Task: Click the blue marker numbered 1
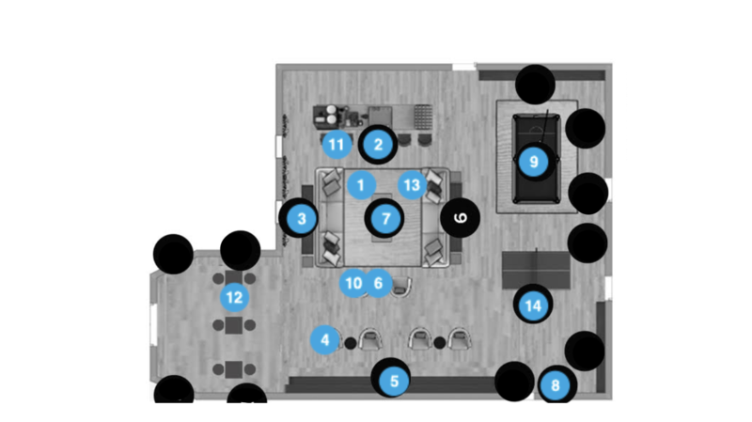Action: pyautogui.click(x=361, y=185)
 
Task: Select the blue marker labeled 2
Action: pyautogui.click(x=378, y=145)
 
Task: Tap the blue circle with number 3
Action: pyautogui.click(x=301, y=219)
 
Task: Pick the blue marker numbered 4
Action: pyautogui.click(x=324, y=340)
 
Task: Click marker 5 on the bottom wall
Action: pyautogui.click(x=394, y=382)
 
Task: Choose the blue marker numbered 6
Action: pyautogui.click(x=378, y=283)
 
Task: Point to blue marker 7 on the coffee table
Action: pyautogui.click(x=385, y=219)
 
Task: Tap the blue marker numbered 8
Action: pyautogui.click(x=555, y=385)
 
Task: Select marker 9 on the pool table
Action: pyautogui.click(x=533, y=162)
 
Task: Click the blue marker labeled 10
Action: pyautogui.click(x=353, y=283)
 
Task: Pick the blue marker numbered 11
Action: pyautogui.click(x=337, y=145)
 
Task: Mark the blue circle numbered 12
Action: pyautogui.click(x=234, y=297)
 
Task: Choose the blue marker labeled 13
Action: pyautogui.click(x=412, y=185)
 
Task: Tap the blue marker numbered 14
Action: pyautogui.click(x=533, y=305)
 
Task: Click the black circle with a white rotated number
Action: pyautogui.click(x=460, y=218)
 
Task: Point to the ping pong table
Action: pyautogui.click(x=536, y=270)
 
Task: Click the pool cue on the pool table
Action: pyautogui.click(x=543, y=127)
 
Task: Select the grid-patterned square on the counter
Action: pyautogui.click(x=422, y=117)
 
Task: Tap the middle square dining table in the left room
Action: pyautogui.click(x=233, y=325)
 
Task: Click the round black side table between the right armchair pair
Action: pyautogui.click(x=439, y=343)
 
